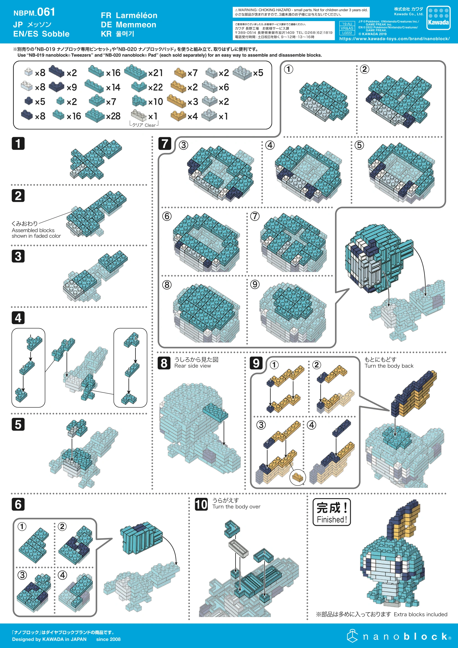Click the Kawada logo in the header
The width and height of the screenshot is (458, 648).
tap(438, 17)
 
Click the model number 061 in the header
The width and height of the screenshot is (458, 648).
tap(46, 12)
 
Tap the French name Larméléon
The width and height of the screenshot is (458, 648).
tap(137, 15)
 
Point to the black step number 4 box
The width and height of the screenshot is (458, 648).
tap(18, 318)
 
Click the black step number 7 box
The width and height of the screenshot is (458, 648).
tap(165, 143)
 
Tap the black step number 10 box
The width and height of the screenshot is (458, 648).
tap(201, 504)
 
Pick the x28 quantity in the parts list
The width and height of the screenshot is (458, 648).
tap(113, 116)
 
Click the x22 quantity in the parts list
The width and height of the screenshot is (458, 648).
tap(155, 87)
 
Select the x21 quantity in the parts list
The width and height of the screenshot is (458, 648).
tap(155, 73)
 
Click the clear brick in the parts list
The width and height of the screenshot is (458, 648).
tap(139, 115)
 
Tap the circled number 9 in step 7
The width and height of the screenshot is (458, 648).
tap(255, 284)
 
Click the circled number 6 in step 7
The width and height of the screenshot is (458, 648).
tap(167, 216)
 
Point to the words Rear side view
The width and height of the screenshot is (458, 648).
tap(193, 366)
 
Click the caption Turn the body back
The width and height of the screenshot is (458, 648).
tap(389, 366)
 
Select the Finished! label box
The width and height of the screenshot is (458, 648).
tap(332, 512)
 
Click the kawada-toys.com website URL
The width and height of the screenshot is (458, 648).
tap(395, 39)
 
